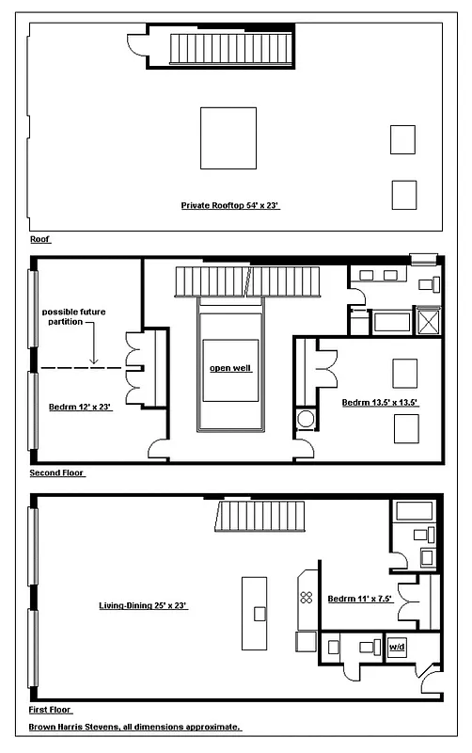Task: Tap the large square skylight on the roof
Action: tap(228, 137)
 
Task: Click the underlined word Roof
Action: tap(39, 240)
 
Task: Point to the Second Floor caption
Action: tap(57, 473)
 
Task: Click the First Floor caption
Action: tap(51, 710)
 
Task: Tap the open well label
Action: tap(229, 368)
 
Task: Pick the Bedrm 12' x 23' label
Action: tap(81, 408)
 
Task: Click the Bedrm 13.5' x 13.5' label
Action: tap(379, 403)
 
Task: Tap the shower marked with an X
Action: tap(428, 321)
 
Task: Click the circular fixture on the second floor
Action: tap(306, 419)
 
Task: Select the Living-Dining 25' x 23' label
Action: tap(145, 605)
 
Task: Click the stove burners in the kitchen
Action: tap(306, 597)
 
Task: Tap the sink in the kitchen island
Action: tap(259, 613)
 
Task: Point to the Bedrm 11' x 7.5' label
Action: tap(358, 599)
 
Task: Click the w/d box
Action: tap(398, 648)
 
